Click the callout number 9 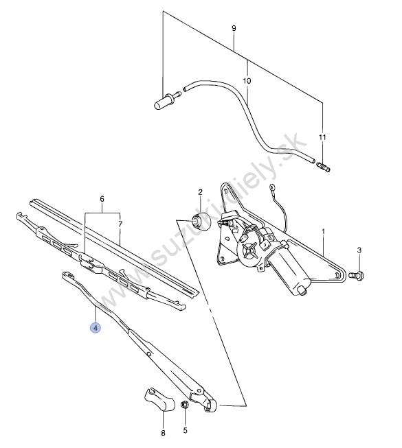point(234,28)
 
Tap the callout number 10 point(247,81)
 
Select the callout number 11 point(322,137)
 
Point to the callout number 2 point(200,192)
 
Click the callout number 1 point(323,231)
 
